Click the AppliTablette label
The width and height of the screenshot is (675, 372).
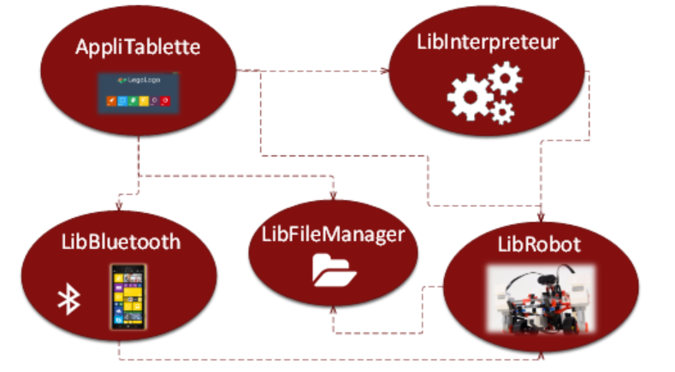click(x=139, y=46)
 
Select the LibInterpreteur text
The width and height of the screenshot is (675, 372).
click(x=488, y=44)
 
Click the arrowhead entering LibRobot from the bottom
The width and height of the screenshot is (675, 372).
click(x=539, y=351)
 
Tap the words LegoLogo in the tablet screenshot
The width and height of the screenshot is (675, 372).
click(x=145, y=84)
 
